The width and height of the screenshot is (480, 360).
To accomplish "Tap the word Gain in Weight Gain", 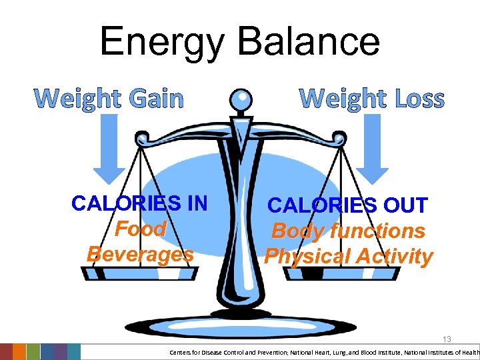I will pyautogui.click(x=155, y=99).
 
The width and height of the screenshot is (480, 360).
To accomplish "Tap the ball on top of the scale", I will pyautogui.click(x=241, y=102).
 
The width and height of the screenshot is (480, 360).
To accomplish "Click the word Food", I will pyautogui.click(x=141, y=229).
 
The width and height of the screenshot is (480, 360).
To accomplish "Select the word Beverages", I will pyautogui.click(x=140, y=254).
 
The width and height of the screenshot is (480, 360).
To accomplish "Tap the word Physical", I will pyautogui.click(x=307, y=257).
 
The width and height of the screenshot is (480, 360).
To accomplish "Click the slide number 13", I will pyautogui.click(x=446, y=339).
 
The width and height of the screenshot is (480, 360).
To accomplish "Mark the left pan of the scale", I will pyautogui.click(x=139, y=272).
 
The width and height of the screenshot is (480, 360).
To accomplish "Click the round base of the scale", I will pyautogui.click(x=240, y=324).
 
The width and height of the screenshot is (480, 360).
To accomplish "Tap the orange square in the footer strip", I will pyautogui.click(x=19, y=352).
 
